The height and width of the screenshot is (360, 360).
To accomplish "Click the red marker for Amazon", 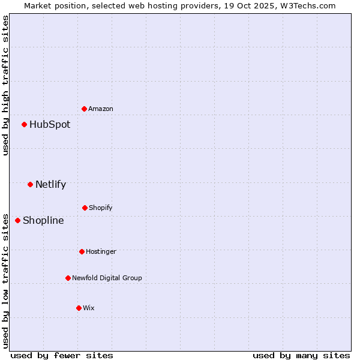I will (x=84, y=109).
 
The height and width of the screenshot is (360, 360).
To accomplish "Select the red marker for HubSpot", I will (x=24, y=124).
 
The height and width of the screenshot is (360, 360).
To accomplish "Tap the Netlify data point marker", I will (x=30, y=184).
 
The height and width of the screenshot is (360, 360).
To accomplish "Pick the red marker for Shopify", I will (x=85, y=208).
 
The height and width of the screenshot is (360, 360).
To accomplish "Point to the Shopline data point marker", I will (x=17, y=220).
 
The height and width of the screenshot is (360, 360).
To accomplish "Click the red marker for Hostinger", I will (x=82, y=251).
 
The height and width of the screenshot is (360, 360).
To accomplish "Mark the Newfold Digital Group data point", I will (x=68, y=278).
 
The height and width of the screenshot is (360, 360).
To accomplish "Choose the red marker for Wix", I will (x=79, y=308).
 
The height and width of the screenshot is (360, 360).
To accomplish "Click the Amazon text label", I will (x=101, y=109).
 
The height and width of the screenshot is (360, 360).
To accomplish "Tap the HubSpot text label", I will (x=50, y=124).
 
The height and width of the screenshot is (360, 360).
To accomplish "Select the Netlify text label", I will (x=50, y=184).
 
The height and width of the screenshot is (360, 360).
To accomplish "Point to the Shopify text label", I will (x=101, y=208).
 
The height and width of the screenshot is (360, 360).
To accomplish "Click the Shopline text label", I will (x=43, y=220).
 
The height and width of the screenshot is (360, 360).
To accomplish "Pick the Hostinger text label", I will (x=101, y=251).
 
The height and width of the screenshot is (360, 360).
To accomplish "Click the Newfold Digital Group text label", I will (x=107, y=278).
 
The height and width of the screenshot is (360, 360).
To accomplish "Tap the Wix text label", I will (x=89, y=308).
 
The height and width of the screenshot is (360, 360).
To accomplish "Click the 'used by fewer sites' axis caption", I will (x=62, y=355).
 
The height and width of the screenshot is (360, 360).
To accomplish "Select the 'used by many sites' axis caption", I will (x=301, y=355).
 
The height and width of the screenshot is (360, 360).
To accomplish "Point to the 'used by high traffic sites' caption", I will (x=5, y=85).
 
